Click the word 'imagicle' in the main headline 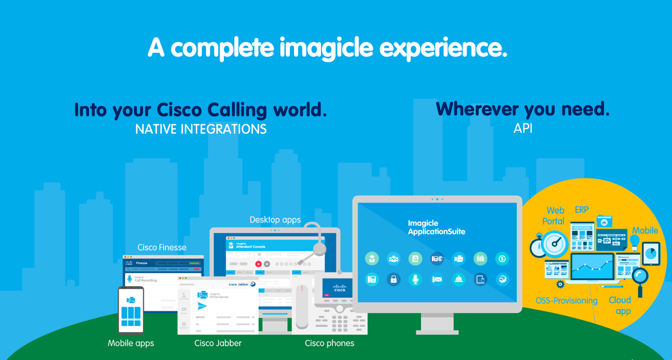326,48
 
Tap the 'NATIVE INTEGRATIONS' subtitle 201,129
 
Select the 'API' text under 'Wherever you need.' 523,128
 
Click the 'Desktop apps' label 275,220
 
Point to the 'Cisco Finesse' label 162,247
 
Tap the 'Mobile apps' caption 131,343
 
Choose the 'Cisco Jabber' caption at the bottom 218,343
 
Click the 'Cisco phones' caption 329,343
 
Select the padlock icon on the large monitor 394,279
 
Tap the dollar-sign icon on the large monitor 502,259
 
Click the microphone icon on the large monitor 415,279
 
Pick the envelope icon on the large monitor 437,279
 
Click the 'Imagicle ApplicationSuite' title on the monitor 436,227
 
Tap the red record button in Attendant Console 258,264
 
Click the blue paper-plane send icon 202,306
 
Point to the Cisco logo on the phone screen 339,288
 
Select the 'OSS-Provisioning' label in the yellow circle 566,300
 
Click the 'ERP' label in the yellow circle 582,210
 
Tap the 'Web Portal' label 554,215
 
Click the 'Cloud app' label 620,305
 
